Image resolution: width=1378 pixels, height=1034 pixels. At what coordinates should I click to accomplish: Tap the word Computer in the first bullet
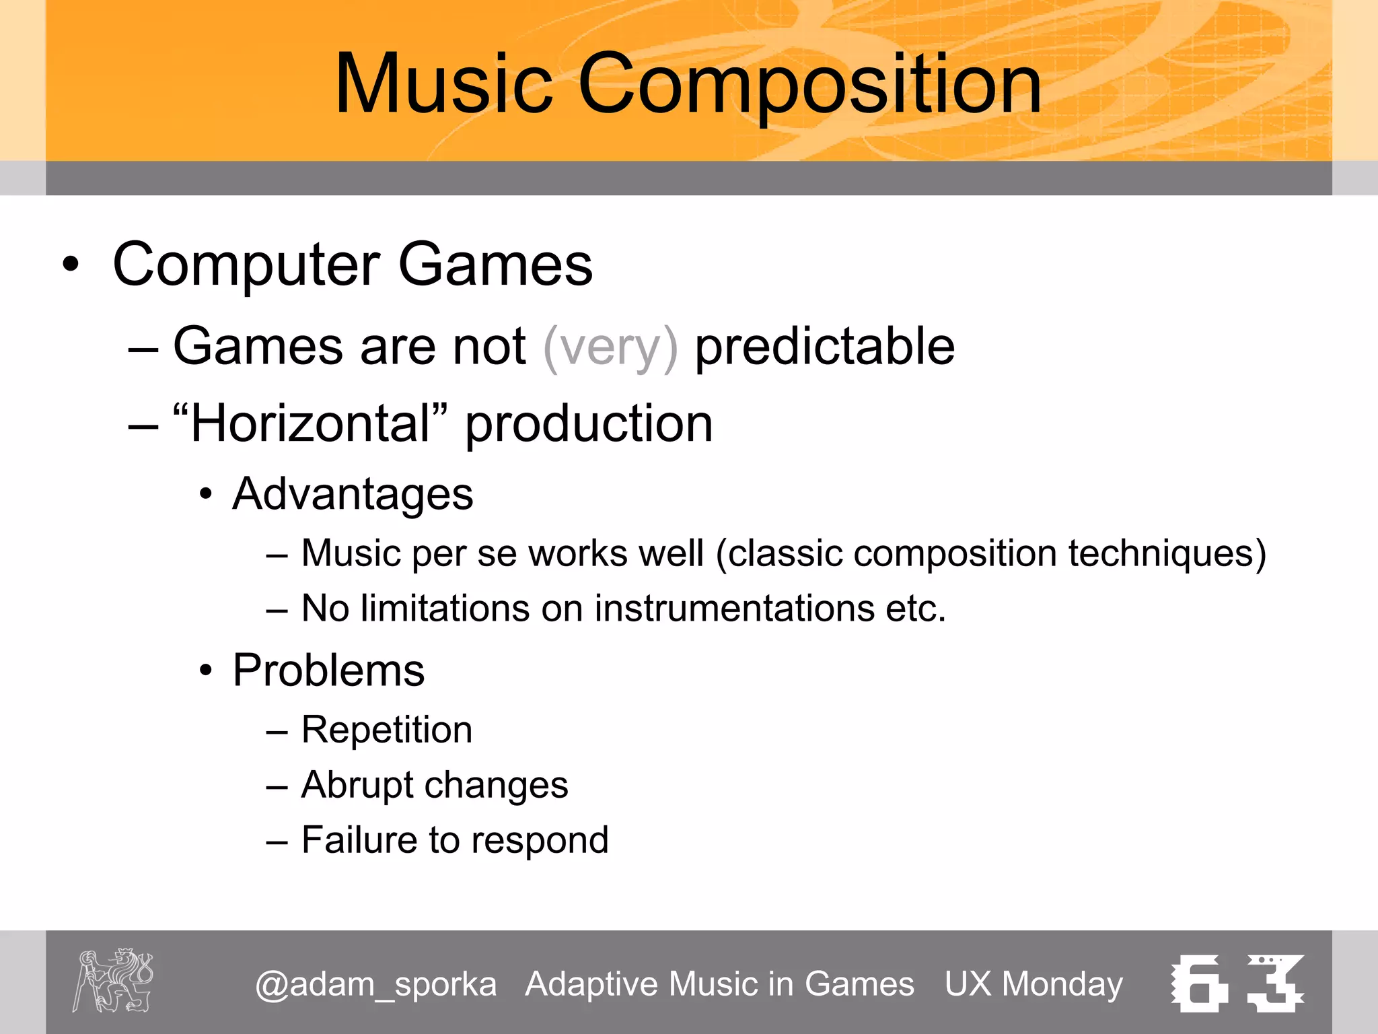tap(246, 265)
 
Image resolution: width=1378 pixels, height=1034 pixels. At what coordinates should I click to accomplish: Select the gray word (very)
tap(610, 347)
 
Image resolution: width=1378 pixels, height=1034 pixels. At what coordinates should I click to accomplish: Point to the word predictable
tap(824, 347)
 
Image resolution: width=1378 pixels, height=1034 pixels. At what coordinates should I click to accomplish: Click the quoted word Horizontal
tap(310, 423)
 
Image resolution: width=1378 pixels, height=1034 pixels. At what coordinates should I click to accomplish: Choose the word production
tap(589, 425)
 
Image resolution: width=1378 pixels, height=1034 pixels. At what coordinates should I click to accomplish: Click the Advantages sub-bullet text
tap(353, 494)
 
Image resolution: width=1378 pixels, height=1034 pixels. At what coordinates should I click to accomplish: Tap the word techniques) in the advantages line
tap(1167, 553)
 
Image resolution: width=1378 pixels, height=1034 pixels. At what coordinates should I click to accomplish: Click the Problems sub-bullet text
tap(328, 670)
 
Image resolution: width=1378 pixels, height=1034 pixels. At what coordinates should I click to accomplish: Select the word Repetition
tap(387, 730)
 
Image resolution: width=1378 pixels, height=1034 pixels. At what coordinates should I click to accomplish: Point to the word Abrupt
tap(357, 786)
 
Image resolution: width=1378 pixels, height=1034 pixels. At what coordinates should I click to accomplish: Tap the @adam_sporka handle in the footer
tap(375, 984)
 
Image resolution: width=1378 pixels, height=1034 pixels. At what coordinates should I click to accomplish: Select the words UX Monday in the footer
tap(1033, 984)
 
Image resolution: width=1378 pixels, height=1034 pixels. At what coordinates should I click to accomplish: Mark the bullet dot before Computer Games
tap(70, 265)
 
